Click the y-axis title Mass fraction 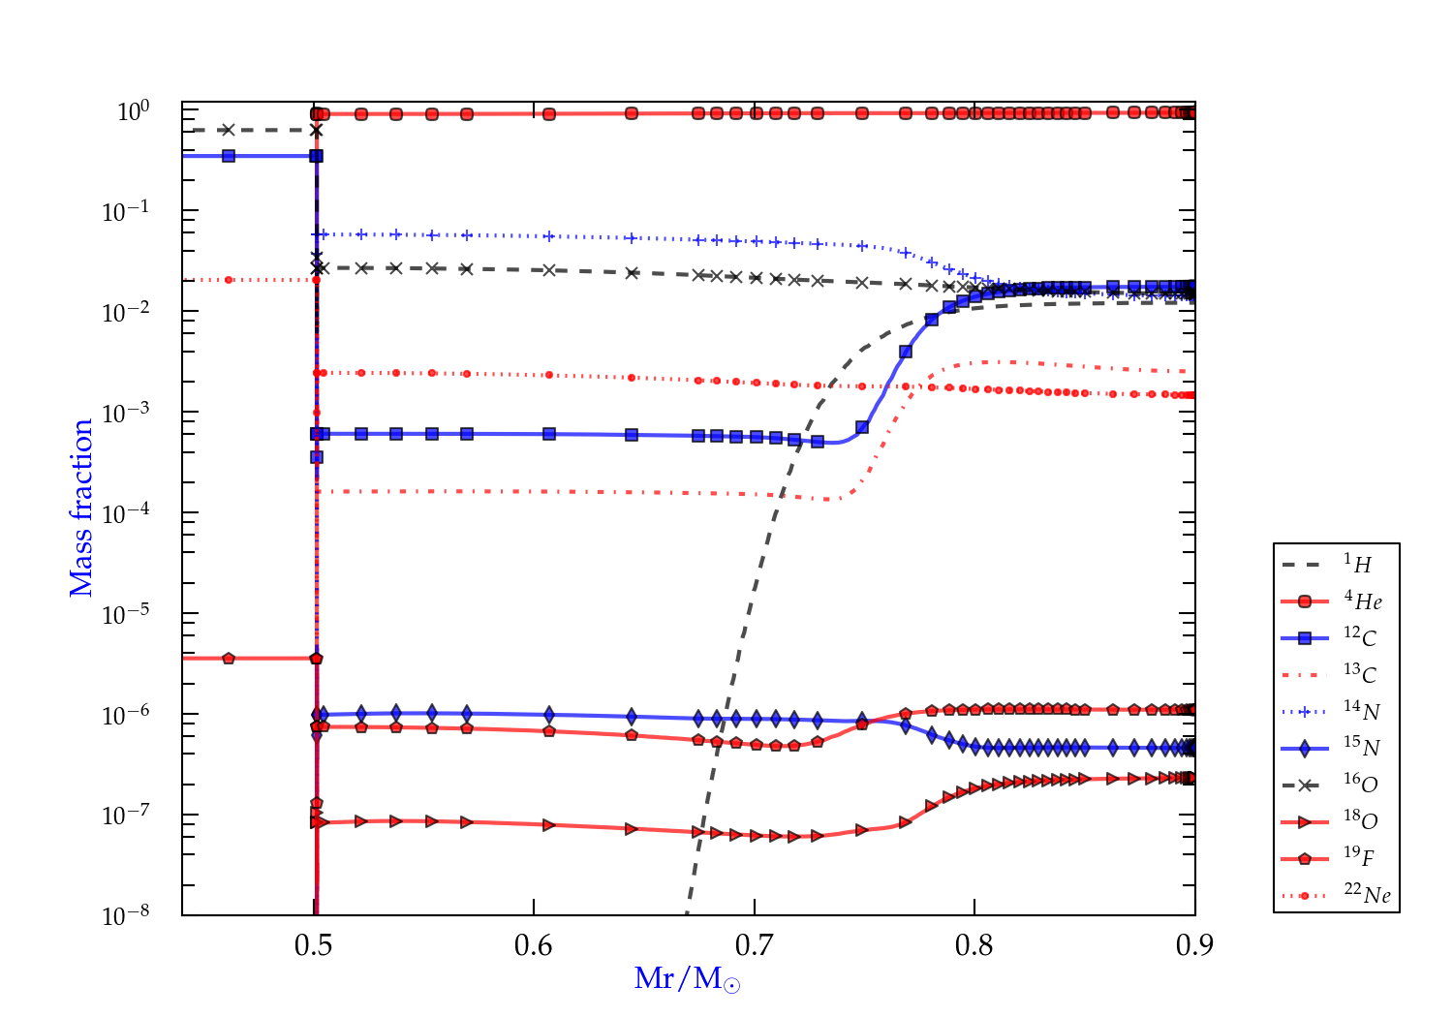[81, 508]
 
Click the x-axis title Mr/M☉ [687, 979]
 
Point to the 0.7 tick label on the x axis [754, 945]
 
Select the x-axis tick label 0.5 [313, 945]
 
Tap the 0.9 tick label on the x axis [1194, 945]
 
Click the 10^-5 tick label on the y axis [126, 614]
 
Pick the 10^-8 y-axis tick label [126, 915]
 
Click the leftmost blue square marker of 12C [229, 156]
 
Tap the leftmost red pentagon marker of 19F [229, 659]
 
